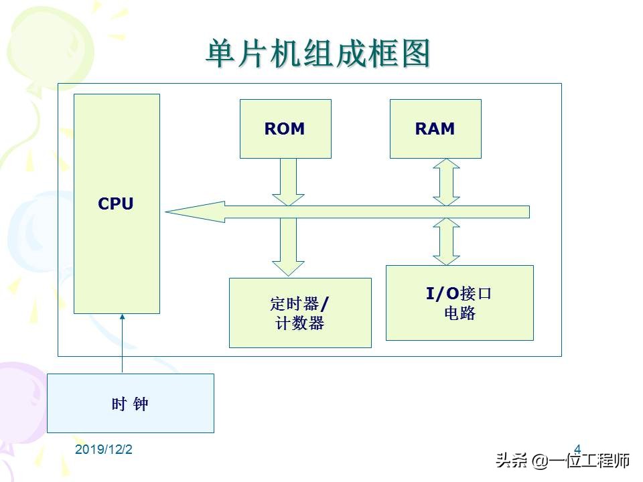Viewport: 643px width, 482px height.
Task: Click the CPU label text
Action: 116,204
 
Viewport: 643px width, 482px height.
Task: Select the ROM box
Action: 285,129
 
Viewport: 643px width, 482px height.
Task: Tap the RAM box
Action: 435,129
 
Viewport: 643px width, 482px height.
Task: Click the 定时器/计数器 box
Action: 300,313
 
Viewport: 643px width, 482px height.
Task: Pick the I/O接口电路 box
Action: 459,303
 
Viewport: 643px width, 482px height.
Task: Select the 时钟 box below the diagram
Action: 130,403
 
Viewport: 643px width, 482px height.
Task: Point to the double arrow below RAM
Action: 446,181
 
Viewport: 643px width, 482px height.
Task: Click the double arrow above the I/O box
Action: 446,242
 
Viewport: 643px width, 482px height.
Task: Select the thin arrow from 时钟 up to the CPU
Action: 122,343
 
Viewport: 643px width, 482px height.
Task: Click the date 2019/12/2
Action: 104,450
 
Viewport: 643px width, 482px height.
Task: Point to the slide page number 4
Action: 577,448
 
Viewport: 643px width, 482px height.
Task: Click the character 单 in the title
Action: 218,54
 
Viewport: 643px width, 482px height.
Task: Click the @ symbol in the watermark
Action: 541,461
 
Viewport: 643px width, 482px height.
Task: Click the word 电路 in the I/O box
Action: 459,313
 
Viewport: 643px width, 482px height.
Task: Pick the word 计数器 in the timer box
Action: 300,323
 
